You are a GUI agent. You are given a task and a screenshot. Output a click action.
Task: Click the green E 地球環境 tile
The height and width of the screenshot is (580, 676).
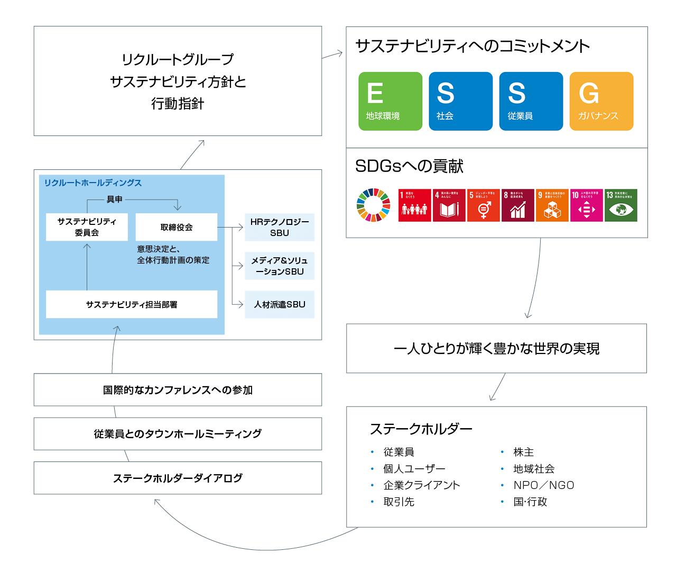tap(390, 101)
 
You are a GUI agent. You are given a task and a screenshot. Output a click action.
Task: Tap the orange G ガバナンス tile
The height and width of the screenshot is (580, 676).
tap(601, 101)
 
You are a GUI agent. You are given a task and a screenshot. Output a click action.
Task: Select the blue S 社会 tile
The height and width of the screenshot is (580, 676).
tap(460, 101)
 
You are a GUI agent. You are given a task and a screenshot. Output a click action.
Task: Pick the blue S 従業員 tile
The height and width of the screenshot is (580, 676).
tap(531, 101)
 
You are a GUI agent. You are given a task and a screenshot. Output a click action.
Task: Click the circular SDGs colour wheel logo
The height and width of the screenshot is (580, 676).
tap(373, 205)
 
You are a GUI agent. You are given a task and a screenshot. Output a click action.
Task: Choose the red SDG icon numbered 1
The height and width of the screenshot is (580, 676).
tap(414, 205)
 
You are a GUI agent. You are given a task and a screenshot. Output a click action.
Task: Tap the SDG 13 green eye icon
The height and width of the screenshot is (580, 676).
tap(621, 205)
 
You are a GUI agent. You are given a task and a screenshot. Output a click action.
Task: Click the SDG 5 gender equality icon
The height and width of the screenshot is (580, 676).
tap(483, 205)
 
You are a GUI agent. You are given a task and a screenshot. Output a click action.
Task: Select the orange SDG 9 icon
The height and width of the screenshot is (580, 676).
tap(552, 205)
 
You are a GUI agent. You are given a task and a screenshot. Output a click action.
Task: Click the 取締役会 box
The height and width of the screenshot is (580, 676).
tap(177, 227)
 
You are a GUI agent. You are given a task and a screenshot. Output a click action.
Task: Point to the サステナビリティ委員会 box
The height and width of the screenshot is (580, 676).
tap(87, 227)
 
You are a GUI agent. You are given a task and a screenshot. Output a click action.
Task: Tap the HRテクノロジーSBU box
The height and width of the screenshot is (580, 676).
tap(280, 227)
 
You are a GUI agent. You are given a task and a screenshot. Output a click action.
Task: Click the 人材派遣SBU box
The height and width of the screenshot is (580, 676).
tap(280, 304)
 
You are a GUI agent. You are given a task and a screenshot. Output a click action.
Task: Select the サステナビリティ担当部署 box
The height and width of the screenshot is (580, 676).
tap(132, 304)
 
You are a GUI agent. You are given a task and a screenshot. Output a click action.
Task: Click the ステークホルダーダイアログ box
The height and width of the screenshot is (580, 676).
tap(178, 478)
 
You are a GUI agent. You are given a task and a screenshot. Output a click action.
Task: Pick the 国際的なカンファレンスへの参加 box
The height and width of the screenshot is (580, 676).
tap(178, 390)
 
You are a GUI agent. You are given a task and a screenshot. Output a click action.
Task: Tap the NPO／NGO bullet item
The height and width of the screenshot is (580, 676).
tap(543, 485)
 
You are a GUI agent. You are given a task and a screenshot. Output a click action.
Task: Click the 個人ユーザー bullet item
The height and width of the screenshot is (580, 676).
tap(414, 469)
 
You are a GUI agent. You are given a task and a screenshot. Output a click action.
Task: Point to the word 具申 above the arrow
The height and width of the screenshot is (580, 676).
tap(114, 200)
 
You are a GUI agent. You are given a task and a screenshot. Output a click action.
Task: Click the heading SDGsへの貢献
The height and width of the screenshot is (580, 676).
tap(409, 166)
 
